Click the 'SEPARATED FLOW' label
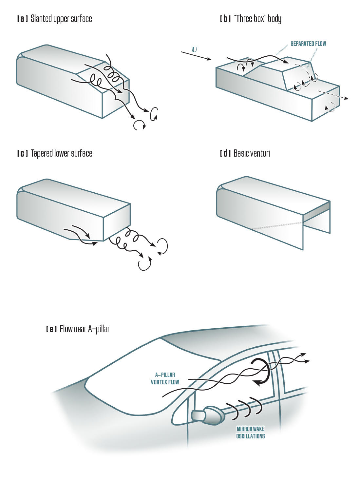(x=308, y=44)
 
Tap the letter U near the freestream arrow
(x=195, y=50)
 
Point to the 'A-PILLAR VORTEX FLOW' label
(x=165, y=378)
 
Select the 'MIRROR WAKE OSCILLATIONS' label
(x=250, y=433)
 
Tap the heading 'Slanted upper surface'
(x=61, y=19)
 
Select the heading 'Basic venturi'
(x=252, y=153)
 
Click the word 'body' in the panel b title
(x=275, y=19)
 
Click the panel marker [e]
(x=51, y=329)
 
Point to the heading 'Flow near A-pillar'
(x=85, y=329)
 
